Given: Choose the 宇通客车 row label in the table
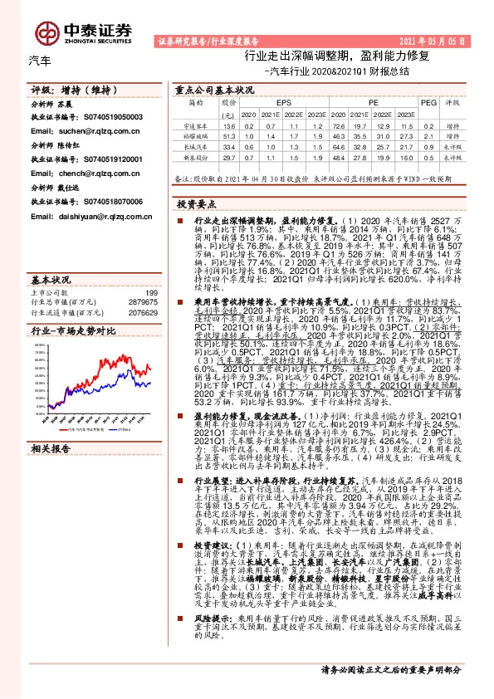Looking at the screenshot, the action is tap(196, 125).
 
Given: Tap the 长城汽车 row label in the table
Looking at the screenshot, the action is tap(196, 145).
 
